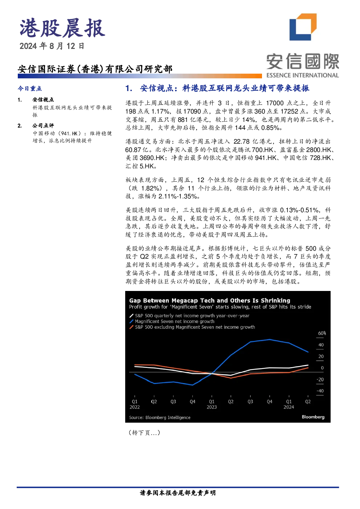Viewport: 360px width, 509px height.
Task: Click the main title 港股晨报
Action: point(62,28)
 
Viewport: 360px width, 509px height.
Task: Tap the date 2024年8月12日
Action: point(52,46)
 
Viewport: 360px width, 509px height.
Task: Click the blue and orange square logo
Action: point(303,27)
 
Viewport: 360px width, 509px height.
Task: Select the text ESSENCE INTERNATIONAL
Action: point(303,75)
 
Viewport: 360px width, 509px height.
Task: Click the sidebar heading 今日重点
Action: point(30,89)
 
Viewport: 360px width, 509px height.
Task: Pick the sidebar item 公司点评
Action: point(43,126)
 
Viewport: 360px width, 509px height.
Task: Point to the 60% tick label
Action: point(322,333)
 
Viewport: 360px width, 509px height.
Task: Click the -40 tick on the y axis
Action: point(320,391)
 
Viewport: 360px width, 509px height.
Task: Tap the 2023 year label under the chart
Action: point(212,407)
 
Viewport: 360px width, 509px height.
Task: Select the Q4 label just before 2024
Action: point(270,402)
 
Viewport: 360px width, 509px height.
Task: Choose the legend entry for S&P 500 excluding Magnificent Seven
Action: point(192,327)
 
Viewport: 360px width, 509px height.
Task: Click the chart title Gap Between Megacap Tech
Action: point(210,300)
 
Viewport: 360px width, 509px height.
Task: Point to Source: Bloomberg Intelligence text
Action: point(160,418)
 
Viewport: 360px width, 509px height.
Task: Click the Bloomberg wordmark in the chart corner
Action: point(313,417)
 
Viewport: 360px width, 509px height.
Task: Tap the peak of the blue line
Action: point(270,340)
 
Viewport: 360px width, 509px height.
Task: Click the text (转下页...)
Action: point(144,433)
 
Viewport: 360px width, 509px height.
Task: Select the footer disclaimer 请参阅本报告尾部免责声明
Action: point(178,493)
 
